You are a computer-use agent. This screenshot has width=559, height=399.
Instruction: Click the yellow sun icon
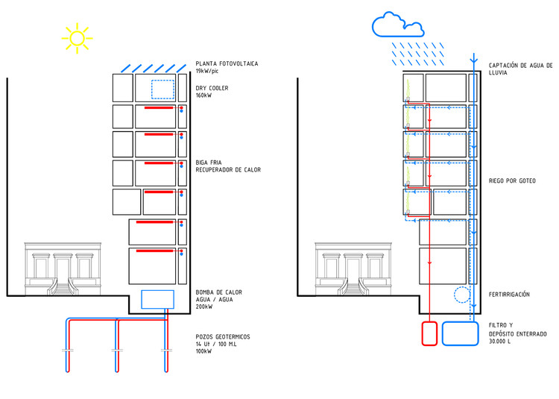click(77, 38)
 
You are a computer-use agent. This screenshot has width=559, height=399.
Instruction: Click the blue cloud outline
click(397, 25)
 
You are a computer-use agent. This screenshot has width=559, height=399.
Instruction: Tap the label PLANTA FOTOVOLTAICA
click(227, 63)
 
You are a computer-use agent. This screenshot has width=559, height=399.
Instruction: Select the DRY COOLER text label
click(212, 88)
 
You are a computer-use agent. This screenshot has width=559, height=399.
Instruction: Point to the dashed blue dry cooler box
click(162, 89)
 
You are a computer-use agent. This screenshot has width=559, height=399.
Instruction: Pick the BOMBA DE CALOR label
click(217, 292)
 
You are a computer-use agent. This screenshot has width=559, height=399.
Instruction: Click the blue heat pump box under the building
click(157, 299)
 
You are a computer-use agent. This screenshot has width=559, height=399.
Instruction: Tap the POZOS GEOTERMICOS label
click(223, 337)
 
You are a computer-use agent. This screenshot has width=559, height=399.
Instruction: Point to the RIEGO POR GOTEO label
click(512, 181)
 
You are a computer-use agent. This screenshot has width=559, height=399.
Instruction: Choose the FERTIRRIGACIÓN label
click(509, 295)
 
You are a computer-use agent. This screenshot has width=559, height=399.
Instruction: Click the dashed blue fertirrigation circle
click(462, 295)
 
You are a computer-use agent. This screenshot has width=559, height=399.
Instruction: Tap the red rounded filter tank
click(429, 333)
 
